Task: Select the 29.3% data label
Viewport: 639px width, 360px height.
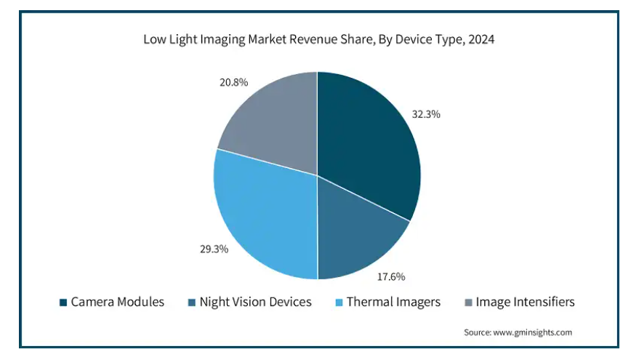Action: (214, 249)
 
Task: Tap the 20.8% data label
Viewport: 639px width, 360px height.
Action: (233, 83)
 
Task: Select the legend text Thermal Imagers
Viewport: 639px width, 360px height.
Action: (393, 302)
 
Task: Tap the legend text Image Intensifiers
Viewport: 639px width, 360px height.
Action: (525, 302)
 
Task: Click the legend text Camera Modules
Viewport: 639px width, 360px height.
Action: (117, 302)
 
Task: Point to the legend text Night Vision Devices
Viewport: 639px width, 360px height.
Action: (255, 302)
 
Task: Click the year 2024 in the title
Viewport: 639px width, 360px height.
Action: (481, 41)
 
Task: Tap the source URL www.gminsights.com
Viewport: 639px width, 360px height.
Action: (533, 332)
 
